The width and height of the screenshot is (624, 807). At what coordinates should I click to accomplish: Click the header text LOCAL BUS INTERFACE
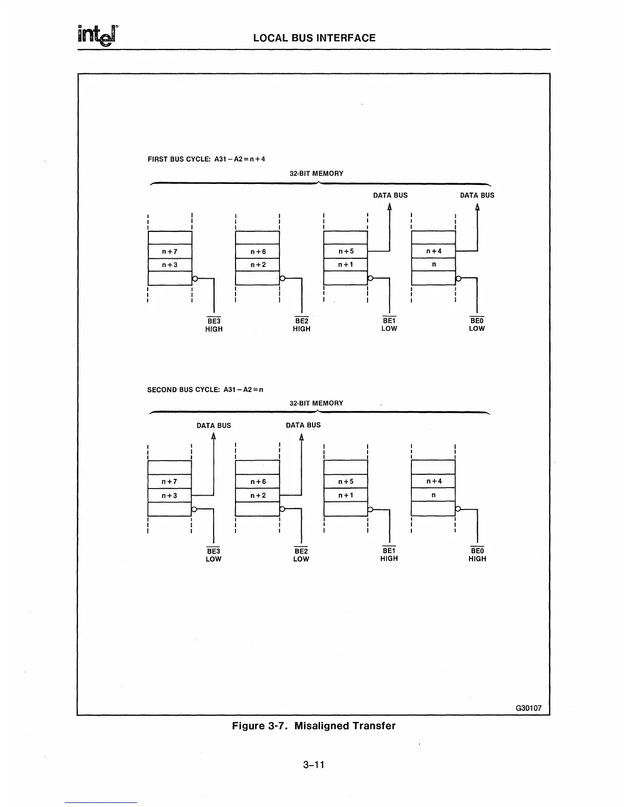[x=314, y=38]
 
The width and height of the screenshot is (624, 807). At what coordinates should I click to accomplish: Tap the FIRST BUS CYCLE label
[x=206, y=159]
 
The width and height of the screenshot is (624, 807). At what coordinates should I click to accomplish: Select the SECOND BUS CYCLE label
[x=205, y=390]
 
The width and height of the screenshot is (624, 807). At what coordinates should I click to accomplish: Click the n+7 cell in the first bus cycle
[x=170, y=252]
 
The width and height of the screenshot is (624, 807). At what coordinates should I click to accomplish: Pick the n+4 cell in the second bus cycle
[x=433, y=481]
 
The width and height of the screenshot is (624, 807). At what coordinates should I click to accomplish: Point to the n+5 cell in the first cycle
[x=346, y=252]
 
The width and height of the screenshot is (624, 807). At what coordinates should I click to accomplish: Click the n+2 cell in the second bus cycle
[x=258, y=495]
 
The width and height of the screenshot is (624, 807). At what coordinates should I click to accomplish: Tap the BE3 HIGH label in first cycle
[x=214, y=325]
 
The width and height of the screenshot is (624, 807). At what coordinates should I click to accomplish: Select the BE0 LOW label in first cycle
[x=477, y=325]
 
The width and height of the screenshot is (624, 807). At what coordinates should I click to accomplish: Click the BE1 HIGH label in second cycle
[x=389, y=554]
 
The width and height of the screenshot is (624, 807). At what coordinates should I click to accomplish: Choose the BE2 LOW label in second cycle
[x=301, y=555]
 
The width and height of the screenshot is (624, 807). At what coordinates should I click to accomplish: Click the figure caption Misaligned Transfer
[x=314, y=725]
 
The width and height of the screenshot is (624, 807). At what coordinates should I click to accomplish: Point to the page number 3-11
[x=313, y=764]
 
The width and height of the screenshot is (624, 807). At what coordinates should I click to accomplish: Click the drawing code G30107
[x=529, y=708]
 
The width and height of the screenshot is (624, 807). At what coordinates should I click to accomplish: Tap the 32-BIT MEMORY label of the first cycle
[x=317, y=173]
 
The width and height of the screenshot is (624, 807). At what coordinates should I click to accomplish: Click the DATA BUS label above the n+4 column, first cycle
[x=477, y=195]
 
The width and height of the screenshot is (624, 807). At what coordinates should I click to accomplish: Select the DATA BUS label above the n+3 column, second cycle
[x=214, y=425]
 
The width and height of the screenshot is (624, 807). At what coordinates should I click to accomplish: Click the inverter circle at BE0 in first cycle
[x=458, y=279]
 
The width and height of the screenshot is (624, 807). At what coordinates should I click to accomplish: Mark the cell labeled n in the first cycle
[x=433, y=265]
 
